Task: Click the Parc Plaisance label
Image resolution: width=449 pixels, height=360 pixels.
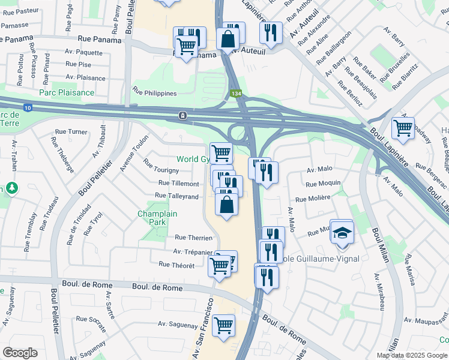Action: coord(67,92)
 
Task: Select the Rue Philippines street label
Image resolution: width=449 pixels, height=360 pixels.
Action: coord(155,93)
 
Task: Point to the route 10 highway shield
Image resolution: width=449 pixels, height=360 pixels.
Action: coord(29,107)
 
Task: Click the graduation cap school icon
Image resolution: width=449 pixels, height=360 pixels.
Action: coord(342,232)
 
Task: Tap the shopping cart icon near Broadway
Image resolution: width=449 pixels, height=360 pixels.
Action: coord(402,127)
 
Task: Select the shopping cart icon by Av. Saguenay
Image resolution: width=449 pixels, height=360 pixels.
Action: coord(223,326)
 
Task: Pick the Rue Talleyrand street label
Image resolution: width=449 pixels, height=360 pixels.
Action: coord(176,196)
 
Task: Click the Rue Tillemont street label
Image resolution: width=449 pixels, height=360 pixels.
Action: coord(179,183)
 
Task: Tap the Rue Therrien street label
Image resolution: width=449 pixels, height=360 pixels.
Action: coord(193,238)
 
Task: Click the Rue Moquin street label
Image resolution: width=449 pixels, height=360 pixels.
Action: coord(323,183)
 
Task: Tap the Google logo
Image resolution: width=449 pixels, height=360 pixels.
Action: coord(20,353)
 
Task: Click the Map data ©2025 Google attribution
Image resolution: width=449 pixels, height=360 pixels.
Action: coord(412,355)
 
